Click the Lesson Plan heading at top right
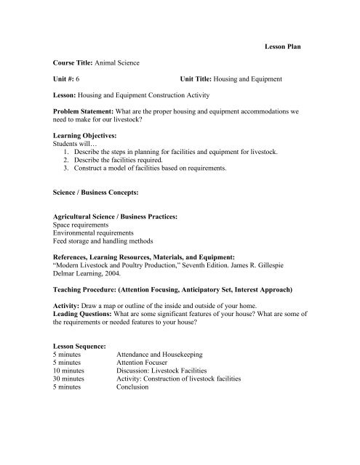[280, 46]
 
